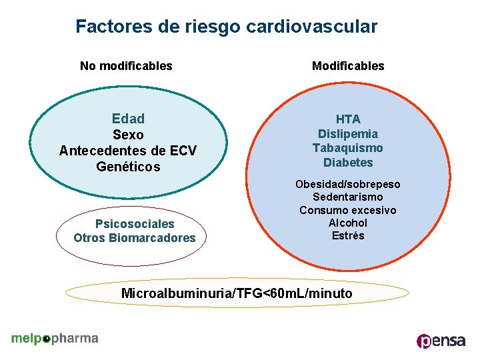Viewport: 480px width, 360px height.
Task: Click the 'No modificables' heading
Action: coord(126,66)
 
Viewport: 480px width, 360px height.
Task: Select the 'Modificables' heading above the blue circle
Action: coord(348,66)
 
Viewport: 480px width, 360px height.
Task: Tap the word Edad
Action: coord(128,119)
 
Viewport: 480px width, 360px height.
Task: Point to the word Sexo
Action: coord(128,135)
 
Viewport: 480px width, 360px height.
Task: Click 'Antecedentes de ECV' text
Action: coord(128,151)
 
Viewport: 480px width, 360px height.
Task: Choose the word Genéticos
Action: coord(128,167)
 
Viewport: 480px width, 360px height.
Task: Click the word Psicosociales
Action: coord(135,224)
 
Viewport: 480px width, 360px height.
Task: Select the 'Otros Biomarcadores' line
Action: coord(135,238)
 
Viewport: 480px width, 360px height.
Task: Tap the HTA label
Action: coord(348,119)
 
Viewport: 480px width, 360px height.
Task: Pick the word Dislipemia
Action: coord(348,134)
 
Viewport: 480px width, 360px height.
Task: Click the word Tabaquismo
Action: coord(348,148)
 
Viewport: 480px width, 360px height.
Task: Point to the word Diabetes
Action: coord(348,163)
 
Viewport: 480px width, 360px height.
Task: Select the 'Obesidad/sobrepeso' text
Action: coord(348,184)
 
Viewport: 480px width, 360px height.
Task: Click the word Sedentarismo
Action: coord(348,197)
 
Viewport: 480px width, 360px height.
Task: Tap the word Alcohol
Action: coord(348,223)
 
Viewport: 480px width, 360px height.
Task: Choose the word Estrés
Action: coord(348,236)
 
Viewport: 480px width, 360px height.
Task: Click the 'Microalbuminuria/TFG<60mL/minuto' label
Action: coord(237,293)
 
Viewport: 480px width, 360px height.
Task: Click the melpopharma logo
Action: coord(55,339)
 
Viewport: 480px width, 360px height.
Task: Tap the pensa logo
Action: coord(441,341)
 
